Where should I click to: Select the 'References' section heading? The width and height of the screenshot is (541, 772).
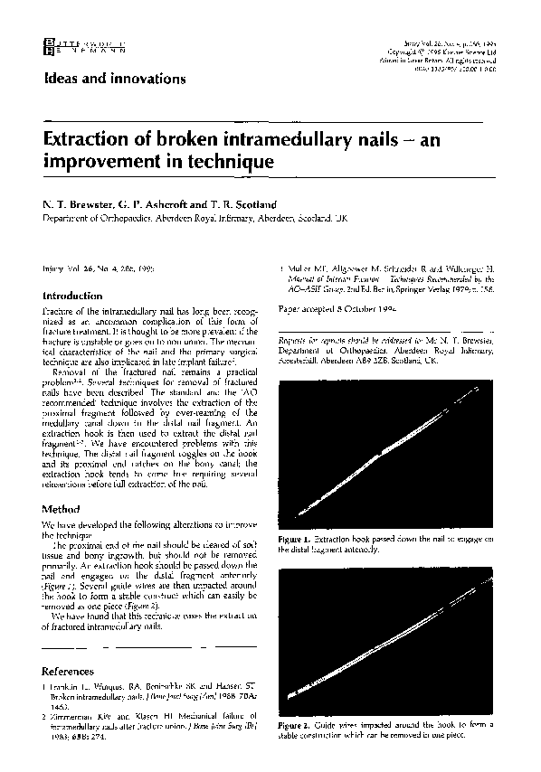pos(69,672)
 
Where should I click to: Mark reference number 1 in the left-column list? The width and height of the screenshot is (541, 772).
pos(45,686)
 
